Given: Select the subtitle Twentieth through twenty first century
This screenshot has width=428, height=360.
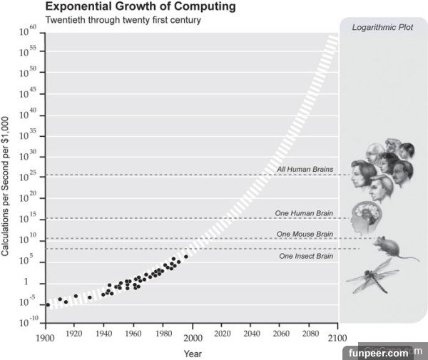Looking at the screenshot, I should [123, 20].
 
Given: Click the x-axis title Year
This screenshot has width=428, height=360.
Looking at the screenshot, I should [192, 353].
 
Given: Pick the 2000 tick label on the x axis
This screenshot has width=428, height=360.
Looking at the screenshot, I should [193, 337].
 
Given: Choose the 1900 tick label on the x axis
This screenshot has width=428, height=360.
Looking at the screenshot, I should [45, 337].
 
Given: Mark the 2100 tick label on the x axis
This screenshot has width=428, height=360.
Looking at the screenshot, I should [338, 337].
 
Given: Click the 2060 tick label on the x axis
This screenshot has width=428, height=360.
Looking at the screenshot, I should [280, 337].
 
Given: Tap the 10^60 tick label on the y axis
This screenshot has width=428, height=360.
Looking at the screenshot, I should [28, 33].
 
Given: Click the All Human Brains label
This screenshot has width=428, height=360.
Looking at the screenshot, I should [305, 170].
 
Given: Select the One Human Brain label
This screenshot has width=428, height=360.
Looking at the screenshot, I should [305, 213].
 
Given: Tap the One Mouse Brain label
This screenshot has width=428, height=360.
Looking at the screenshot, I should [305, 234].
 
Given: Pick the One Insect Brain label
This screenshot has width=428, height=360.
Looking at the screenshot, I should [306, 255].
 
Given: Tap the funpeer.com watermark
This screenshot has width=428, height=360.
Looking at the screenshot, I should [378, 352].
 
